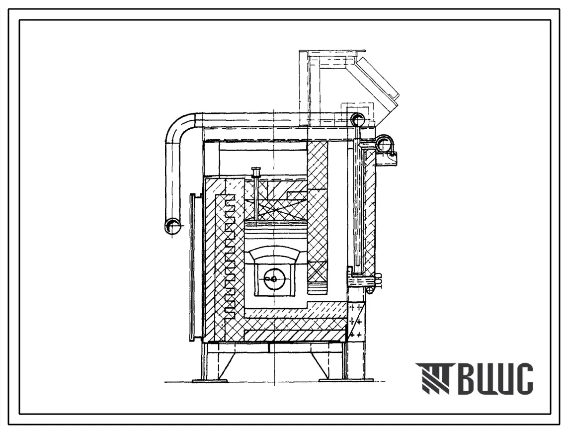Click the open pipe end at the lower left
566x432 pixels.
coord(173,227)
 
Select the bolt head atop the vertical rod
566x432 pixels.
coord(256,170)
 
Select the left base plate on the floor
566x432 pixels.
coord(210,380)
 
